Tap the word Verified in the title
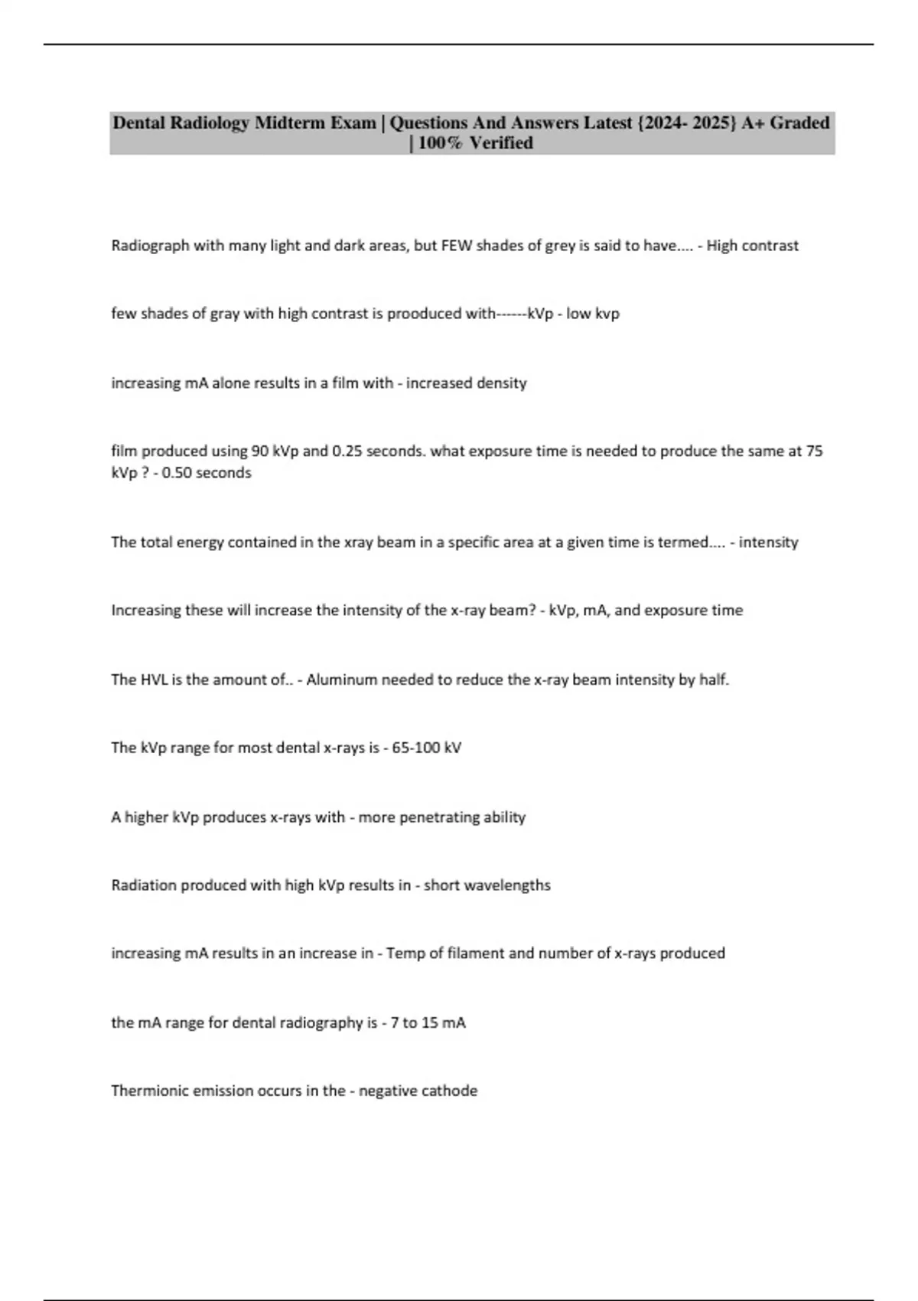[x=501, y=143]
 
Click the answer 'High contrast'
[x=752, y=246]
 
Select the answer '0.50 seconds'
[x=207, y=473]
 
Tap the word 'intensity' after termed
[x=768, y=542]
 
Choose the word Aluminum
[x=336, y=680]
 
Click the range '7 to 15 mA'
[x=428, y=1022]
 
